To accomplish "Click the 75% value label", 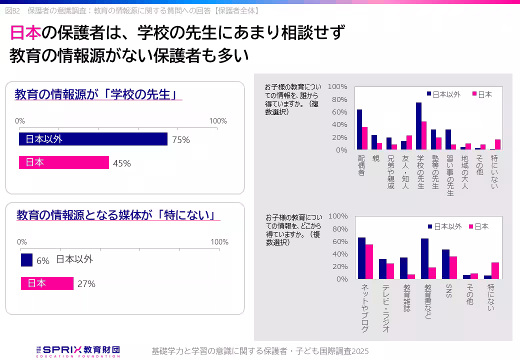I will (x=180, y=140).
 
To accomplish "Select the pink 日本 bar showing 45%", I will (x=63, y=162).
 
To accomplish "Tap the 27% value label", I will (x=86, y=284).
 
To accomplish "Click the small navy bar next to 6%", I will (x=26, y=260).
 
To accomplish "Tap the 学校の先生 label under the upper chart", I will (x=420, y=172).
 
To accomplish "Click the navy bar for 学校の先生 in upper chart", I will (x=418, y=126).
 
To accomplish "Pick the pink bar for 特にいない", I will (x=497, y=144).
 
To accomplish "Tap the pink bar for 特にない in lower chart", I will (x=495, y=270).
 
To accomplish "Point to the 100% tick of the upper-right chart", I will (x=337, y=86).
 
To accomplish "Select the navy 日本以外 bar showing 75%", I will (x=93, y=139).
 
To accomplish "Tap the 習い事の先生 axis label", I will (x=449, y=175).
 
